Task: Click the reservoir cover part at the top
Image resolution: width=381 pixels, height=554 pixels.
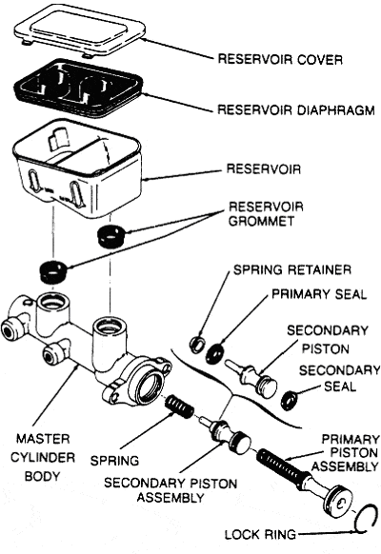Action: tap(79, 32)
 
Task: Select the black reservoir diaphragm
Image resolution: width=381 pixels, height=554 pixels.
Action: tap(78, 89)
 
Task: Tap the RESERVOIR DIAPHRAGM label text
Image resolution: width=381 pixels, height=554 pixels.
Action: tap(296, 109)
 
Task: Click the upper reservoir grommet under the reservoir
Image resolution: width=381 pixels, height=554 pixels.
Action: tap(111, 236)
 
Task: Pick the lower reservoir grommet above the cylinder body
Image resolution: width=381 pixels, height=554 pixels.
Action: tap(53, 271)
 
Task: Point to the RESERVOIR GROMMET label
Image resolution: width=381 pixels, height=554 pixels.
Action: tap(266, 214)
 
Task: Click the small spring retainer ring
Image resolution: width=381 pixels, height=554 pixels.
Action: tap(197, 345)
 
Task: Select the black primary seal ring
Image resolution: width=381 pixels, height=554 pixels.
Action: tap(215, 353)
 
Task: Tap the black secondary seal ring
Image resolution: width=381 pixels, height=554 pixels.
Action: tap(290, 401)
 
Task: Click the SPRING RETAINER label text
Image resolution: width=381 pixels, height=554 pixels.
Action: tap(292, 270)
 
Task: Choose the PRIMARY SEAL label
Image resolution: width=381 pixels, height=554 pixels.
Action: tap(319, 294)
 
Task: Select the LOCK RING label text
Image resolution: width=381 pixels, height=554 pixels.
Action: tap(260, 535)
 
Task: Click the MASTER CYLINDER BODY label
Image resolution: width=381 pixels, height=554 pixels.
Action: tap(43, 458)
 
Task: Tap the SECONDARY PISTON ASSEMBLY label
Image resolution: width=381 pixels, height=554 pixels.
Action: tap(170, 490)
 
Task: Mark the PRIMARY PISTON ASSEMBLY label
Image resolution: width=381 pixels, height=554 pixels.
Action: tap(345, 453)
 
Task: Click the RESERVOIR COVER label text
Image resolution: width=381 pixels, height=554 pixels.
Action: tap(280, 59)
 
